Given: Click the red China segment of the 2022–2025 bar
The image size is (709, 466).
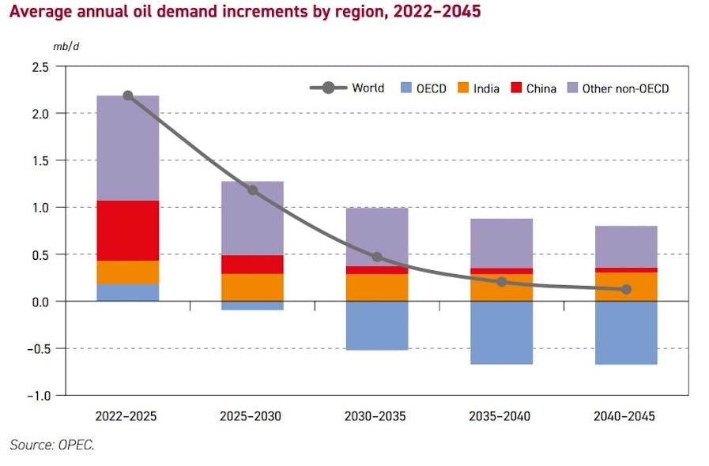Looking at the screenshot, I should click(128, 230).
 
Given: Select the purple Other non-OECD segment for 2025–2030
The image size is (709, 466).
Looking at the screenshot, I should click(252, 217).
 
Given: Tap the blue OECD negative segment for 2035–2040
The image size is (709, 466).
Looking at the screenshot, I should click(501, 333).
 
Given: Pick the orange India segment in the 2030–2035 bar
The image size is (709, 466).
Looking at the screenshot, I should click(377, 287).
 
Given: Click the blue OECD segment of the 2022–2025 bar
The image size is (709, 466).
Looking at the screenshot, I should click(128, 292).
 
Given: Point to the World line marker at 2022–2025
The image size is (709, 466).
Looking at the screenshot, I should click(128, 96).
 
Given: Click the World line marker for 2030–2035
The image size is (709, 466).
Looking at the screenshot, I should click(377, 257).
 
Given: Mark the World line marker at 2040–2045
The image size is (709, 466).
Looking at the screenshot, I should click(626, 289).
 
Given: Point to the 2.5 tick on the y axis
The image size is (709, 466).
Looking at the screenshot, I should click(40, 67).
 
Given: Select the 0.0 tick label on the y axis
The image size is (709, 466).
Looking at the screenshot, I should click(40, 302).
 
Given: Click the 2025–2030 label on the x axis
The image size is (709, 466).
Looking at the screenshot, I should click(252, 416).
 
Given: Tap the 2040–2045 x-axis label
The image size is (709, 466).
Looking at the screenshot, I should click(626, 416).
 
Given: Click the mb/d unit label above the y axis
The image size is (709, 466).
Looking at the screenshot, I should click(66, 47).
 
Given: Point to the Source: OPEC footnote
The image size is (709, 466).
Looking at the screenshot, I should click(52, 445).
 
